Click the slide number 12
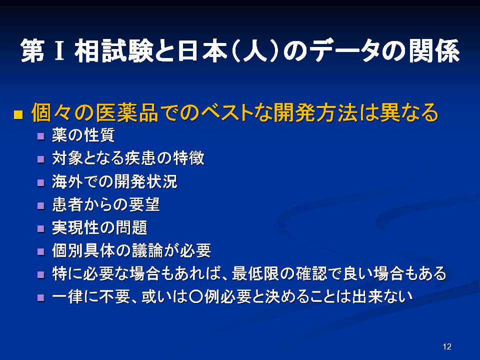click(447, 346)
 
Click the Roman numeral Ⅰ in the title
click(59, 51)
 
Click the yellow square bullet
click(18, 114)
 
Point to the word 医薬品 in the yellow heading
click(127, 112)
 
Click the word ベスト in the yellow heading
click(227, 112)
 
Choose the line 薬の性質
click(83, 135)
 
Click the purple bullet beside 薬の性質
click(40, 136)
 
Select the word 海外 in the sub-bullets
click(67, 181)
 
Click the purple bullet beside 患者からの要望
click(40, 205)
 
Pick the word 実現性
click(75, 228)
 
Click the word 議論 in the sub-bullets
click(147, 250)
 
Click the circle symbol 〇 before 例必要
click(196, 296)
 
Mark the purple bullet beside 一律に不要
click(40, 298)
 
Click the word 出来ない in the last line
click(382, 296)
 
